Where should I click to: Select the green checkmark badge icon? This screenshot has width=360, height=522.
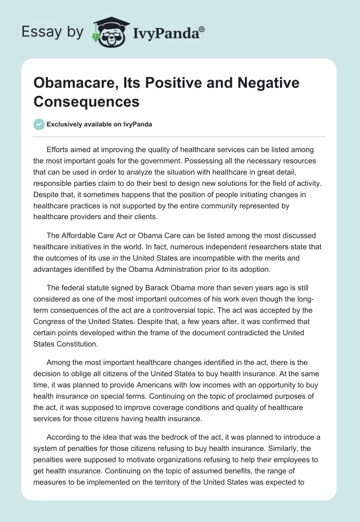tap(39, 124)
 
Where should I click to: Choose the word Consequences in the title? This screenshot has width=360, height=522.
tap(86, 102)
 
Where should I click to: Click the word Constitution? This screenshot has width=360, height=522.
tap(76, 343)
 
